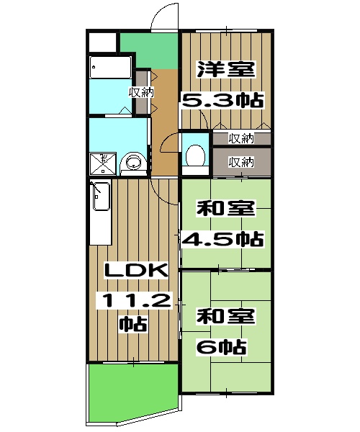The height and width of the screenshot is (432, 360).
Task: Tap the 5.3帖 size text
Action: (221, 99)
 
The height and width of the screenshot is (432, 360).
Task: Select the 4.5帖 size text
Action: (221, 238)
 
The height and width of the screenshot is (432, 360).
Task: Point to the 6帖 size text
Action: (222, 347)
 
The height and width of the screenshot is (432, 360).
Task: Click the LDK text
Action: (136, 271)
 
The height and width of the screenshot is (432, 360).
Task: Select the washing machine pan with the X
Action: (103, 163)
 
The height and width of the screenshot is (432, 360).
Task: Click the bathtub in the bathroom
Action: (110, 68)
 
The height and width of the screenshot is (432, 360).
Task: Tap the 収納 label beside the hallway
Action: (140, 92)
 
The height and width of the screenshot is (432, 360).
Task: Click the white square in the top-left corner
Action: (102, 42)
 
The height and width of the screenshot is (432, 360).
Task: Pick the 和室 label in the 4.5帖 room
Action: (225, 209)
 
